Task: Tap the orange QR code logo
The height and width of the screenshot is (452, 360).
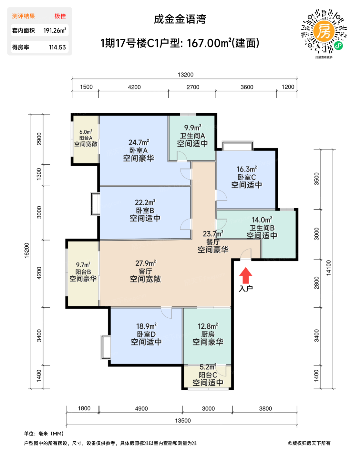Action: coord(324,31)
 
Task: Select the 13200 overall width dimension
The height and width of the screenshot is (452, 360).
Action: coord(185,75)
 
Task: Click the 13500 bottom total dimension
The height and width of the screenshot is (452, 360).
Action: coord(183,420)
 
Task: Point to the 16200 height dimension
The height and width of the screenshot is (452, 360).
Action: coord(26,250)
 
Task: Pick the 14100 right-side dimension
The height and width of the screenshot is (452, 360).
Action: coord(328,268)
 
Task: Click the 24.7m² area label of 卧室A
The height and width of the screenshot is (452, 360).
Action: coord(139,142)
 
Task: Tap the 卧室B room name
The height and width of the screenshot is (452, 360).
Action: coord(145,211)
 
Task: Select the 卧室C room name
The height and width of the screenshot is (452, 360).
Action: coord(247,177)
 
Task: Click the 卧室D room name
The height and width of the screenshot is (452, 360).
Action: coord(146,334)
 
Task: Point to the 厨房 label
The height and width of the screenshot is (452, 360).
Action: coord(208,334)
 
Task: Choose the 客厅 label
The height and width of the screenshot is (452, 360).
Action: coord(145,271)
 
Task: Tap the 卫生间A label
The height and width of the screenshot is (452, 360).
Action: coord(192,136)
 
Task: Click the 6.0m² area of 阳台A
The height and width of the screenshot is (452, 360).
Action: coord(86,132)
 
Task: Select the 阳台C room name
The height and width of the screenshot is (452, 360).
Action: coord(208,375)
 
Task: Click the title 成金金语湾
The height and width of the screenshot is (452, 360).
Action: coord(180,19)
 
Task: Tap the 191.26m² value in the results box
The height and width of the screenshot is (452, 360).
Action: coord(55,30)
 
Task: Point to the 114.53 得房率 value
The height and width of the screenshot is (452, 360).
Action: coord(57,47)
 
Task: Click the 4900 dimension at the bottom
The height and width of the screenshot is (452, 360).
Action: coord(141,408)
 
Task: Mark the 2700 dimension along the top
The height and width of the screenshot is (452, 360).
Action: coord(193,87)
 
